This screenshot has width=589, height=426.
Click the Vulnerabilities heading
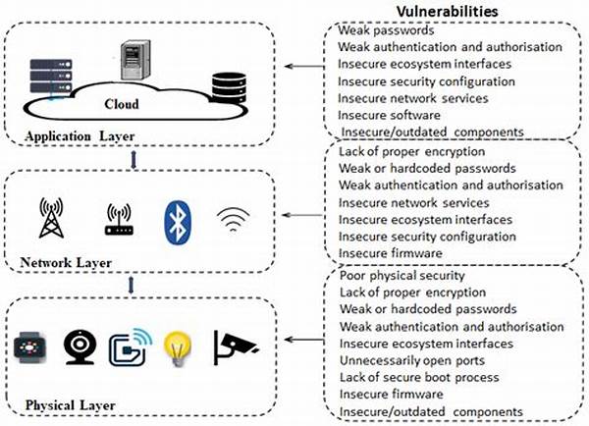(447, 10)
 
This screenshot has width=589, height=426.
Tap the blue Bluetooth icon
(178, 219)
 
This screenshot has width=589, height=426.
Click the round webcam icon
(79, 346)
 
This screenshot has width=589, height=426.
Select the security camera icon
(237, 346)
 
